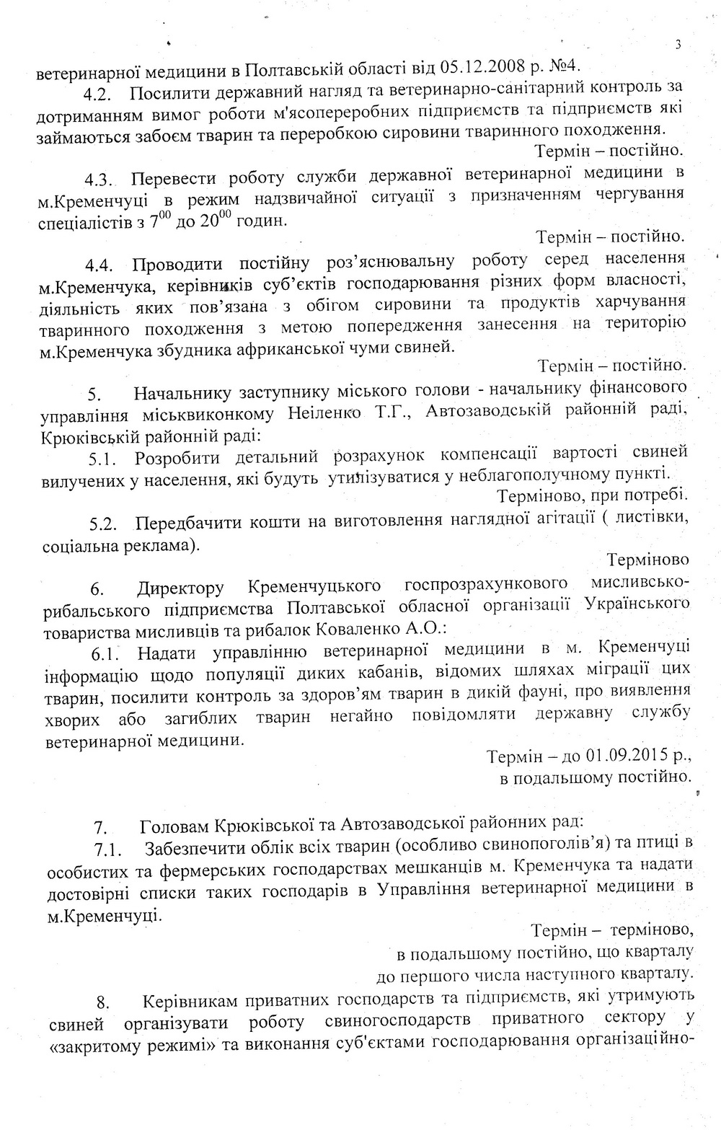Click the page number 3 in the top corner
point(678,45)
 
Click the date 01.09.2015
point(624,758)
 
